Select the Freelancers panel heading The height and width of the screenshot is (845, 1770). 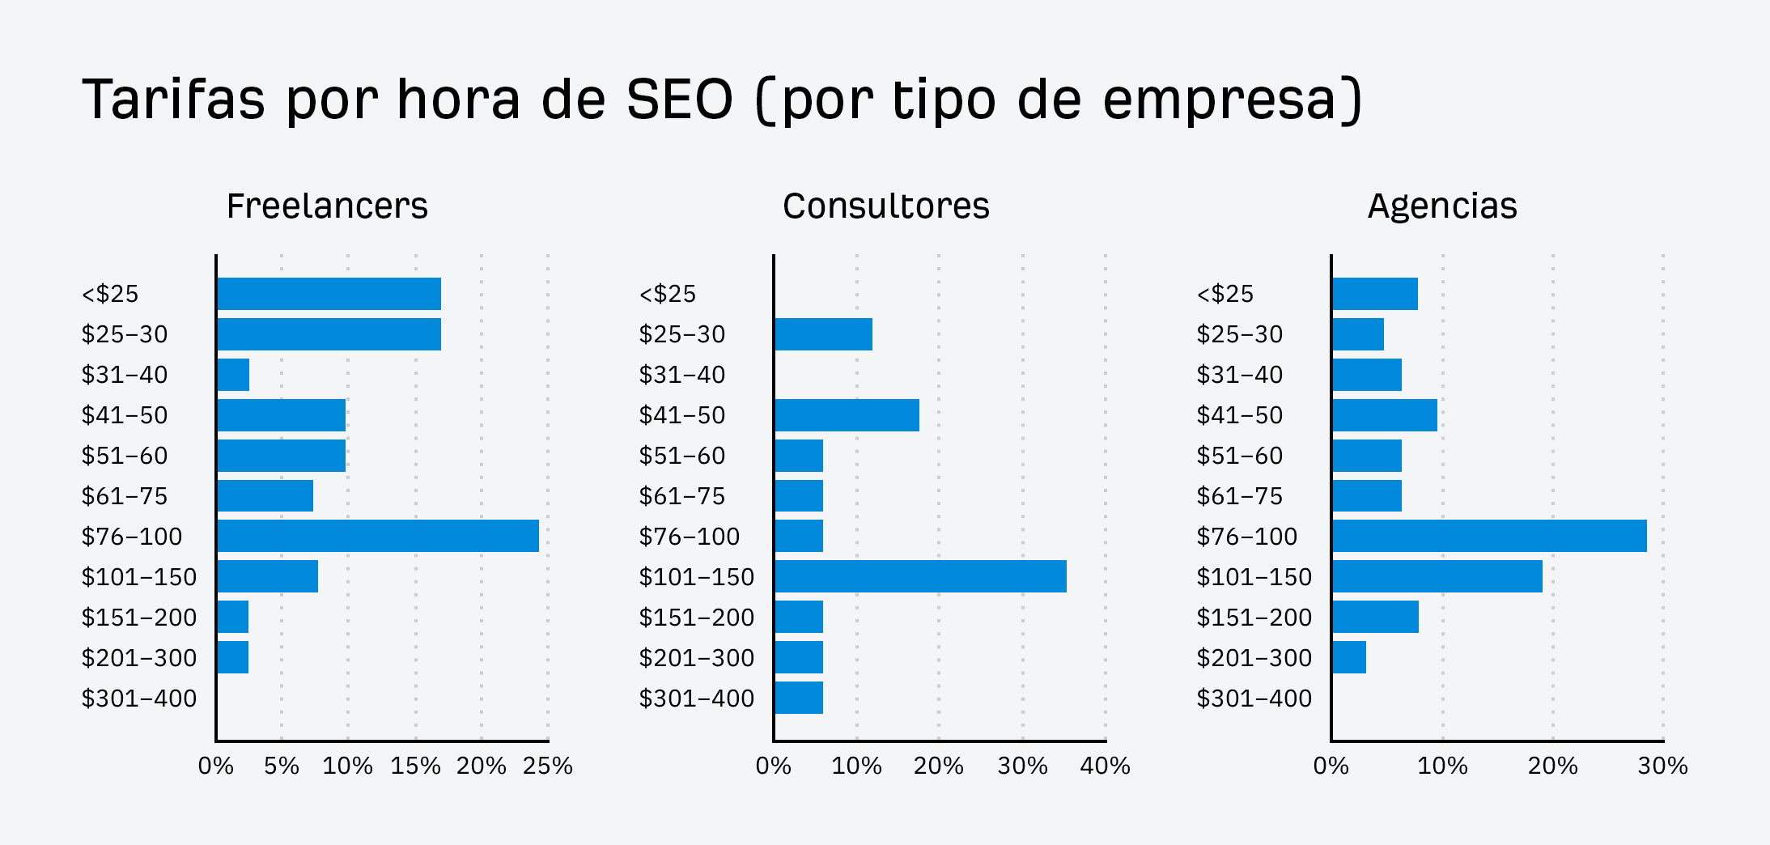click(327, 206)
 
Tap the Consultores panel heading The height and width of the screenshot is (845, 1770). click(885, 206)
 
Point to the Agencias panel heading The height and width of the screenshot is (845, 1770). click(1442, 206)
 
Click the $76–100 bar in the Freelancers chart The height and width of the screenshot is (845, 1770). click(377, 536)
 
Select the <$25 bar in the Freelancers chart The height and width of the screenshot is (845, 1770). click(329, 294)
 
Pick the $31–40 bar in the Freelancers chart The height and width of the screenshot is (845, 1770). click(233, 375)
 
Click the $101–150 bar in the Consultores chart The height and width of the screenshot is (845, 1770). click(920, 576)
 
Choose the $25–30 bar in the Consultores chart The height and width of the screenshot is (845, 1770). click(823, 334)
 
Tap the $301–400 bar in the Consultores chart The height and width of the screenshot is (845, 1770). click(799, 698)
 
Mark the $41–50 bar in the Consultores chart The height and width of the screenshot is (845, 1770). click(847, 415)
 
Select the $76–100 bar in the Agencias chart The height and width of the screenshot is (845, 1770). click(1489, 536)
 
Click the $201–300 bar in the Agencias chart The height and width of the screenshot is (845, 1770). click(1349, 657)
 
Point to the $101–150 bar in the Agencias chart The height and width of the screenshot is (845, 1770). click(1437, 576)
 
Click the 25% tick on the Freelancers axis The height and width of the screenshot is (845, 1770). click(547, 766)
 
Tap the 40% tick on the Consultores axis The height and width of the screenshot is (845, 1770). click(1105, 766)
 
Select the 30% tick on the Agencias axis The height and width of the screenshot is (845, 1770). click(1662, 766)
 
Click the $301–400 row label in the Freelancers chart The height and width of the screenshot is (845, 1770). click(139, 699)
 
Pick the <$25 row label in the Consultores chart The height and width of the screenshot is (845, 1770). click(668, 294)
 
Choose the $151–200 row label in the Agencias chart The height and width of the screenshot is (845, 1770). click(1254, 618)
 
